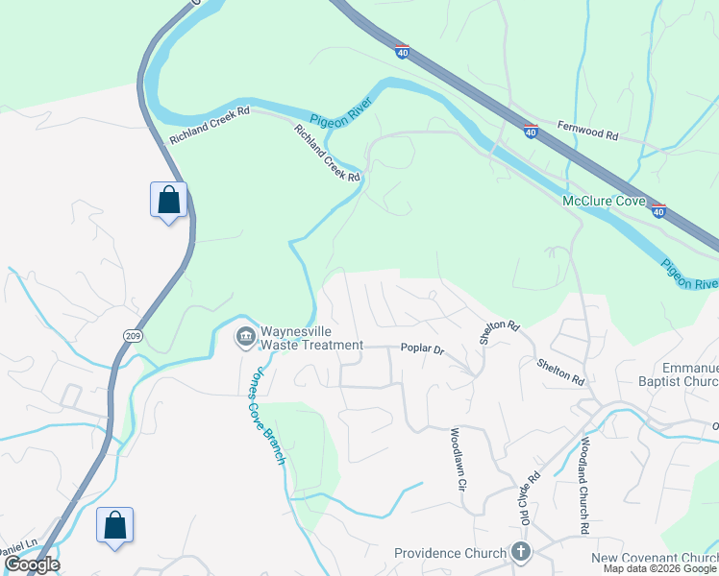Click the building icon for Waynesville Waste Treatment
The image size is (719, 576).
[x=245, y=336]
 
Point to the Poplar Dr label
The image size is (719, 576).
[x=422, y=350]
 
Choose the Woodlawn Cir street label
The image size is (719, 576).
[x=457, y=460]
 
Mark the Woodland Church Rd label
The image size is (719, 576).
[x=583, y=486]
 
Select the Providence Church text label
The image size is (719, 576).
[x=450, y=553]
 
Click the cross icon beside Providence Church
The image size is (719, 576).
[x=520, y=552]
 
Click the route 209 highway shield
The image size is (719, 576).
[x=133, y=334]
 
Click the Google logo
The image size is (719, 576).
[x=31, y=564]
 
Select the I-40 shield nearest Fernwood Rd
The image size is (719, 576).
[x=530, y=132]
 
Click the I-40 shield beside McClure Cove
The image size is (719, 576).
[x=657, y=210]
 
